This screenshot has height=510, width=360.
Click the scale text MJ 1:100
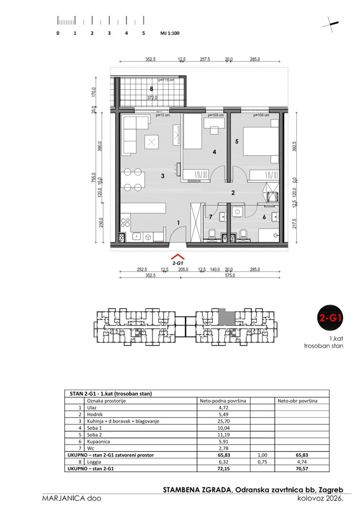(x=170, y=33)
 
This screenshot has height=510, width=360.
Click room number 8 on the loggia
(x=151, y=89)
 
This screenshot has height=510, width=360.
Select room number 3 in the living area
(x=163, y=176)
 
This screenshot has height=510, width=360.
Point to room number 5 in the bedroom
(x=237, y=142)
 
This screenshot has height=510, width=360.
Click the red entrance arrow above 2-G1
(x=178, y=256)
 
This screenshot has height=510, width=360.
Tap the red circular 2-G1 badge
(x=330, y=317)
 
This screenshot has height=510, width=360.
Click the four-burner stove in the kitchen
(x=126, y=222)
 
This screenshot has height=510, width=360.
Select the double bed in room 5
(x=260, y=145)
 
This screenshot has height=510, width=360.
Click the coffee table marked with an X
(x=151, y=142)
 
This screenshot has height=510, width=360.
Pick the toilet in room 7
(x=212, y=234)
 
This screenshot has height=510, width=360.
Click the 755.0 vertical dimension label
(x=94, y=178)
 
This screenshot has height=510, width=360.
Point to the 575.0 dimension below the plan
(x=230, y=275)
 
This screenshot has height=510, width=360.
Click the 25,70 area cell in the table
(x=224, y=421)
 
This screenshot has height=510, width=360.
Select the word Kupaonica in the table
(x=99, y=442)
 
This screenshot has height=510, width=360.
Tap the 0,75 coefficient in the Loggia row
(x=262, y=462)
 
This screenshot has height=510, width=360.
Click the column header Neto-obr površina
(x=297, y=401)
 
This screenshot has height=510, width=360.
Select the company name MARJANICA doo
(x=71, y=498)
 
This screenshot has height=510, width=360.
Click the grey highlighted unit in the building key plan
(x=226, y=317)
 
